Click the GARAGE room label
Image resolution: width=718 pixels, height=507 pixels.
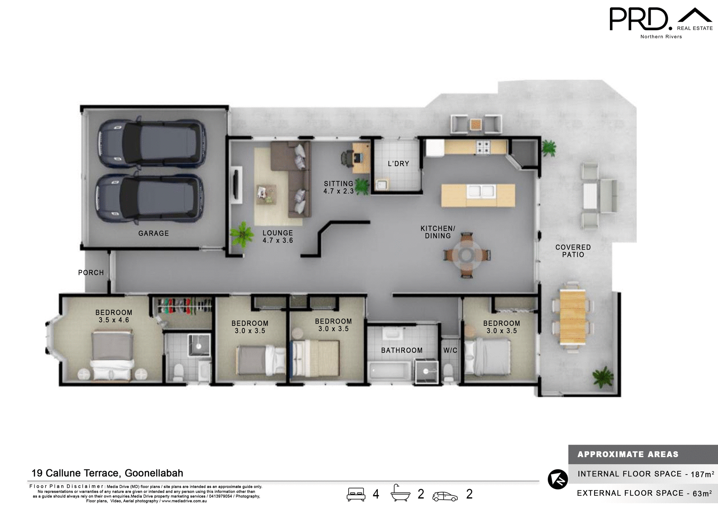pyautogui.click(x=153, y=234)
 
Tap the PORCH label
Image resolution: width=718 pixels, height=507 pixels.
pyautogui.click(x=91, y=273)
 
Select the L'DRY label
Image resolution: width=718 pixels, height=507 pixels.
pyautogui.click(x=398, y=164)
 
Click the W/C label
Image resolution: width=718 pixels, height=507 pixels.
pyautogui.click(x=450, y=350)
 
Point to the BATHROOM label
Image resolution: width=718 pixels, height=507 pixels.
pyautogui.click(x=402, y=350)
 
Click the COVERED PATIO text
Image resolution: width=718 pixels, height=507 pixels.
pyautogui.click(x=573, y=251)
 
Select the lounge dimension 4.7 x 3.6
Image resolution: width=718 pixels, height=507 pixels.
pyautogui.click(x=277, y=241)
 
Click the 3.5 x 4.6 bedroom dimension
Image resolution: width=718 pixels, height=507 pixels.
pyautogui.click(x=114, y=320)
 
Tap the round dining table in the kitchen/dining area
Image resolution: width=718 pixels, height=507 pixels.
pyautogui.click(x=466, y=255)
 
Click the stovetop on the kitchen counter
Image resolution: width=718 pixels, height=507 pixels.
pyautogui.click(x=483, y=147)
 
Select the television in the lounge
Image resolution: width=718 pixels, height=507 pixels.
pyautogui.click(x=236, y=185)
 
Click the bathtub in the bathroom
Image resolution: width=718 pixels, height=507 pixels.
pyautogui.click(x=390, y=371)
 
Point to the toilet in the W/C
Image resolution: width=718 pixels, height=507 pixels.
pyautogui.click(x=448, y=372)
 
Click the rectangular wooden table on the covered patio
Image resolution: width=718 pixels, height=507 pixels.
pyautogui.click(x=572, y=317)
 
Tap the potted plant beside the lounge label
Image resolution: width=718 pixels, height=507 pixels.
pyautogui.click(x=242, y=234)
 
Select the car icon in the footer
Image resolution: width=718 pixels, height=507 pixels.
pyautogui.click(x=445, y=496)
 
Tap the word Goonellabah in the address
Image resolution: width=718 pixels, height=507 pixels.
pyautogui.click(x=154, y=473)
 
